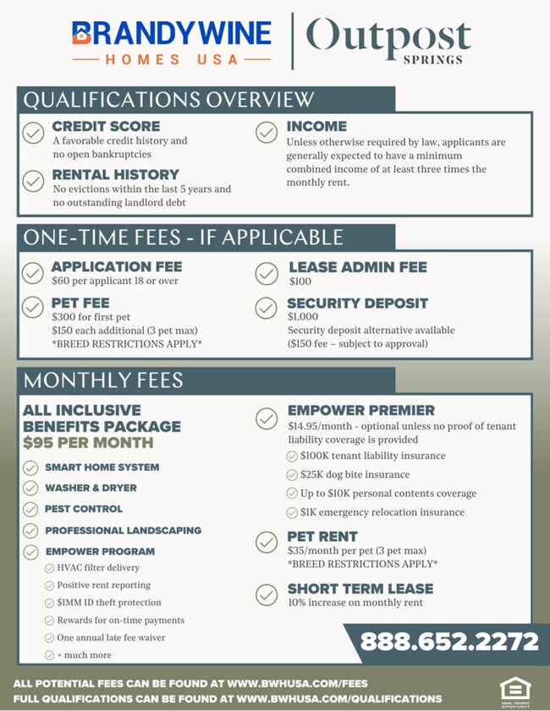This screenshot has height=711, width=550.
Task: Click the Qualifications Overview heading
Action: click(x=168, y=99)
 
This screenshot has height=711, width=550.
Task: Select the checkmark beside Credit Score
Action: click(x=33, y=133)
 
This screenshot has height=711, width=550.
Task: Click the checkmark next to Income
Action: click(x=267, y=133)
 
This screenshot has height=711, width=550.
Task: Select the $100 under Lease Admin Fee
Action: click(x=300, y=281)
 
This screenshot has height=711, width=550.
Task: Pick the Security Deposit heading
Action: click(x=357, y=303)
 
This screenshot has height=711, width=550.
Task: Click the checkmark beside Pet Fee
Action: click(x=33, y=307)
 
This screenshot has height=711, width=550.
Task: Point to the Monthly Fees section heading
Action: click(x=104, y=380)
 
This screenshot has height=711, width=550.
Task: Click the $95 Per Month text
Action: click(x=88, y=442)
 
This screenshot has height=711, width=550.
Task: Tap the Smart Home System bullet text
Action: click(x=102, y=467)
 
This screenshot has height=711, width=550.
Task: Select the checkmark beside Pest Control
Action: click(x=30, y=509)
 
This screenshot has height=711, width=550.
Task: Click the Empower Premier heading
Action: click(x=360, y=411)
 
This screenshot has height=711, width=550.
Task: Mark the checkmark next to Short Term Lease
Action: click(x=267, y=593)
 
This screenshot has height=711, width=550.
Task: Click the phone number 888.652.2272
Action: click(x=449, y=642)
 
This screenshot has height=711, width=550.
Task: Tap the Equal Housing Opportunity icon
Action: click(x=513, y=690)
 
